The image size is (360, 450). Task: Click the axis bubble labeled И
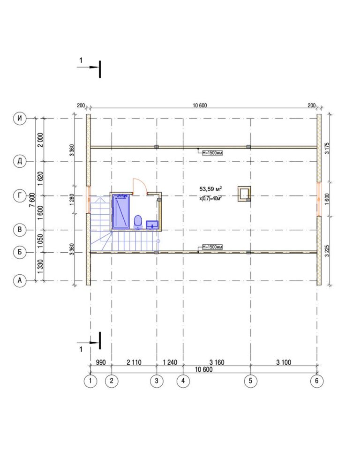[x=20, y=118]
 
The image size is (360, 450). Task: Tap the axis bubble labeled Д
[x=20, y=161]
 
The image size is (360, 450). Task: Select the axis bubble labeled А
[x=20, y=280]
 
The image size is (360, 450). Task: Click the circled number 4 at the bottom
[x=183, y=381]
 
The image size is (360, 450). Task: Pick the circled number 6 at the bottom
[x=317, y=381]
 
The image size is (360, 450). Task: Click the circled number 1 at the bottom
[x=90, y=381]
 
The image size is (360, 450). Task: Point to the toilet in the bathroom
[x=138, y=222]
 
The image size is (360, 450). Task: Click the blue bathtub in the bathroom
[x=120, y=211]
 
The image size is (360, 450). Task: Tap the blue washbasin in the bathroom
[x=152, y=225]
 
